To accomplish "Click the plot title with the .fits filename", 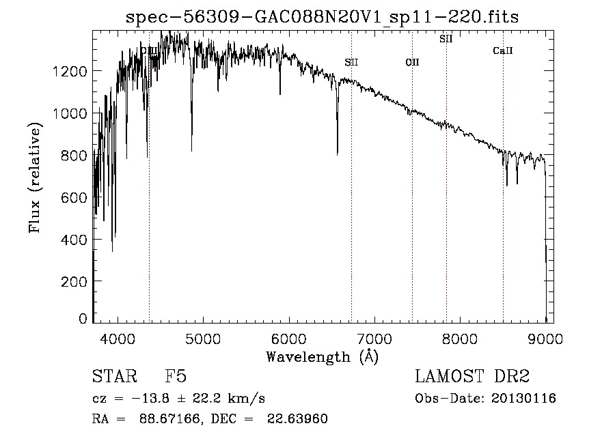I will pos(323,17).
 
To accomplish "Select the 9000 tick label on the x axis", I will pos(545,338).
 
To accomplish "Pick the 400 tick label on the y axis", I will pos(77,240).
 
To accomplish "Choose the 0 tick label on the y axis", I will pos(83,319).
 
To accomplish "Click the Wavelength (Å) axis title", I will pos(322,356).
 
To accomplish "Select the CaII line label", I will pos(502,51).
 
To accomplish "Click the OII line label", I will pos(412,63).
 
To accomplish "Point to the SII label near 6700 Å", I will pos(351,63).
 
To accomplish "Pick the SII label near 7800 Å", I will pos(446,39).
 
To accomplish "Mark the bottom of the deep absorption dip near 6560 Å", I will pos(338,154).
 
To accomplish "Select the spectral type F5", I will pos(176,377).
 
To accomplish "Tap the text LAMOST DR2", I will pos(472,377).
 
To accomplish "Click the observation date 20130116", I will pos(524,399).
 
